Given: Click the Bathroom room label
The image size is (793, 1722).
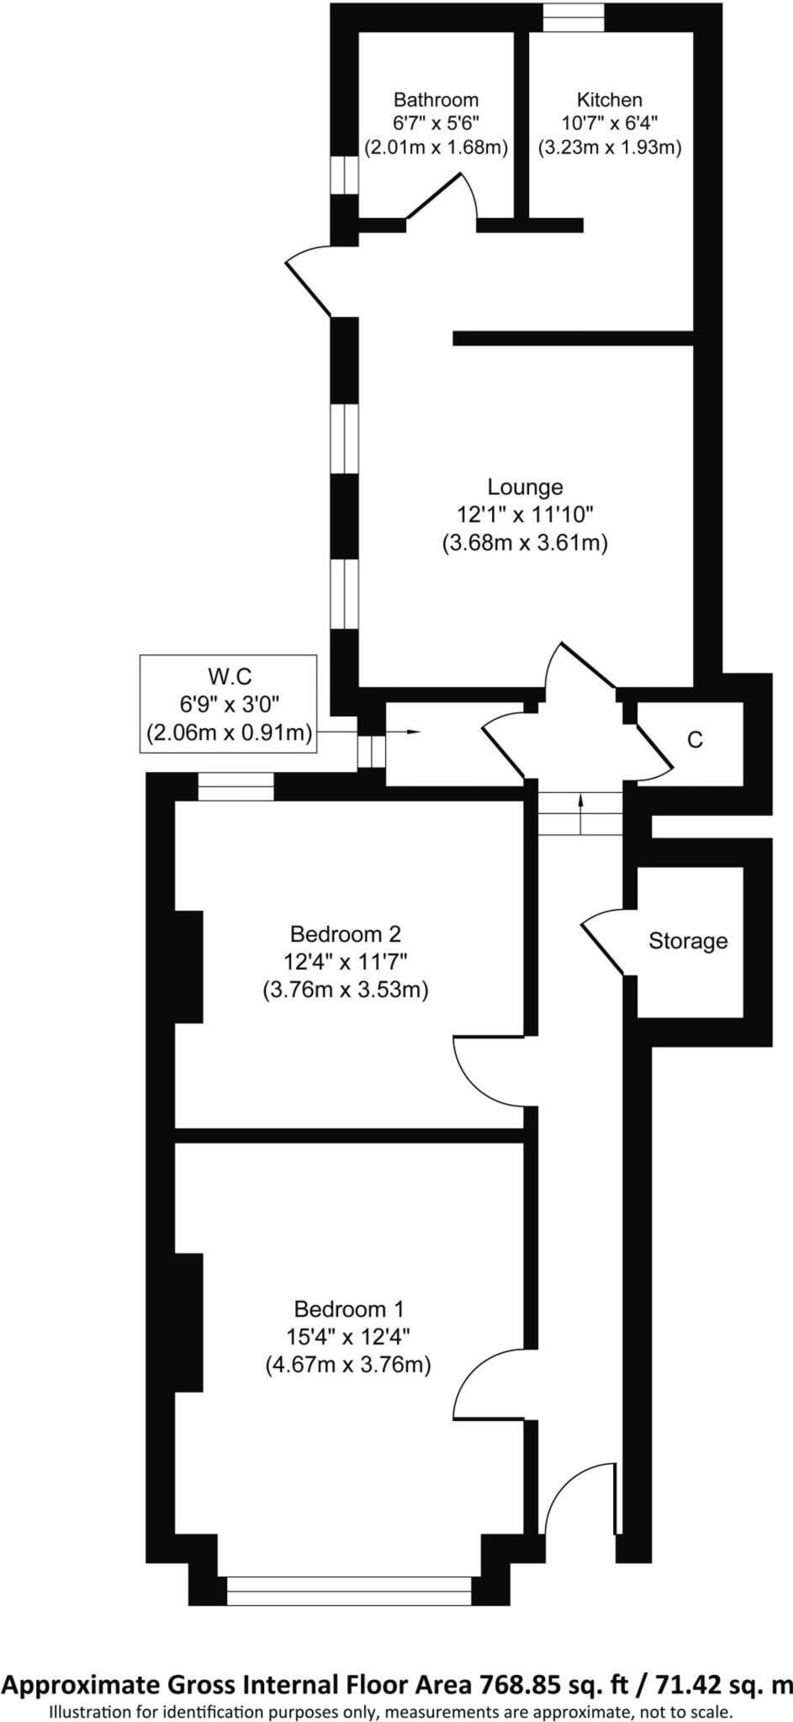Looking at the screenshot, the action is pos(436,100).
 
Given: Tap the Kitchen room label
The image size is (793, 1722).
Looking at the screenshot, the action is pos(609,100).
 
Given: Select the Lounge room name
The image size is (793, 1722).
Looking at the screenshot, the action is pos(525,487).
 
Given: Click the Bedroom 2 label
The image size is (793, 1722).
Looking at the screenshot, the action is pos(345,934).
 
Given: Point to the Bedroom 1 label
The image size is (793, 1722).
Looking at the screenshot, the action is pos(349,1309).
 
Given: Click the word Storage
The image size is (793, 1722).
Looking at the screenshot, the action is pos(688,941).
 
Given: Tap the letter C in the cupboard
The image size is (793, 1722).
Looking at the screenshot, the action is pos(695,740).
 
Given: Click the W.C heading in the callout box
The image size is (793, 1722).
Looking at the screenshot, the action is pos(229,676).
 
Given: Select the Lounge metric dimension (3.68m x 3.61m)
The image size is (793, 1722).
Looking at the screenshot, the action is pos(525,543).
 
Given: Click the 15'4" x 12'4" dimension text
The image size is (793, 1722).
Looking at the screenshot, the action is pos(349,1337).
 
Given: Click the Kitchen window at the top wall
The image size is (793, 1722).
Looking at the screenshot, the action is pos(574,18).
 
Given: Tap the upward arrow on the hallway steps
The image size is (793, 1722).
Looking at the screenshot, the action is pos(580,813).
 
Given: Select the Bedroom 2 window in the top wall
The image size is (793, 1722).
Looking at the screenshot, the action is pos(236,786).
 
